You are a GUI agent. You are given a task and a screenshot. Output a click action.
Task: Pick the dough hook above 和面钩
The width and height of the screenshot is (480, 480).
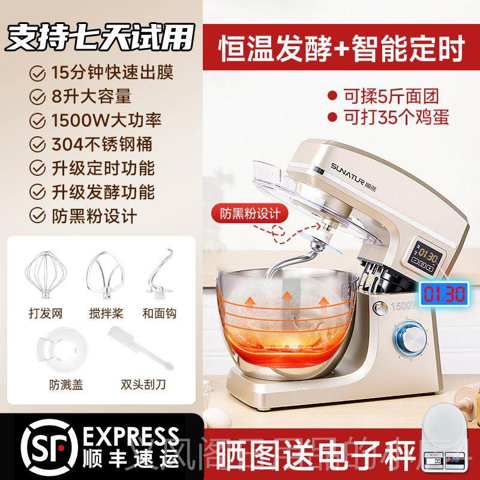tap(159, 273)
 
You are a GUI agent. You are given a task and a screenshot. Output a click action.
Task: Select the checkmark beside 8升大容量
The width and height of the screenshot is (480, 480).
tap(39, 96)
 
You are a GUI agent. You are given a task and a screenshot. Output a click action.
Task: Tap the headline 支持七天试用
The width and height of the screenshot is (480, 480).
tap(99, 37)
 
